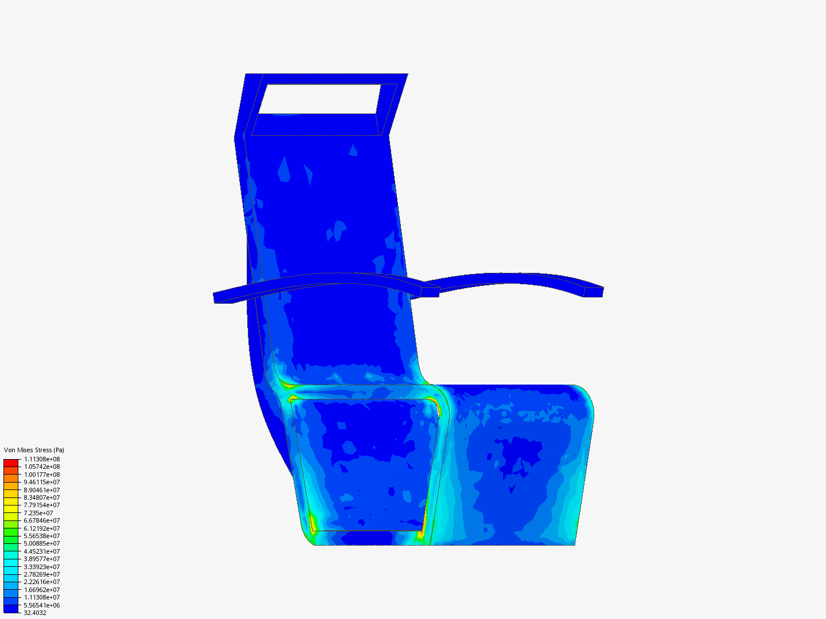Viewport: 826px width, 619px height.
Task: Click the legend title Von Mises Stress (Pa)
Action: click(34, 450)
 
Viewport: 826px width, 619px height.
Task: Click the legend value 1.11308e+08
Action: click(42, 459)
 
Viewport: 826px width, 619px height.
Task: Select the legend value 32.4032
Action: click(35, 613)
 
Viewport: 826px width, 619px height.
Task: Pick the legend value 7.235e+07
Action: click(38, 513)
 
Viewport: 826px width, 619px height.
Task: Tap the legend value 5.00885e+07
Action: click(42, 543)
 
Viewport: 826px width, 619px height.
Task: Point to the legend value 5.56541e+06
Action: click(42, 605)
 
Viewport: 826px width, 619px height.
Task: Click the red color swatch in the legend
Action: click(11, 463)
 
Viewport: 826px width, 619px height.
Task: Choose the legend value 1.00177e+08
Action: click(42, 475)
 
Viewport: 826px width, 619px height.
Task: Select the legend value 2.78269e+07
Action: click(42, 574)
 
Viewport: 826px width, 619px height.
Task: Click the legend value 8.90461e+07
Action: click(42, 490)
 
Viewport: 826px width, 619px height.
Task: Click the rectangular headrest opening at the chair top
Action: click(323, 99)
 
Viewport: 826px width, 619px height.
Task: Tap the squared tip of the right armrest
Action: click(594, 292)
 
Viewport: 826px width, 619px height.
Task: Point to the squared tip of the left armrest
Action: click(223, 298)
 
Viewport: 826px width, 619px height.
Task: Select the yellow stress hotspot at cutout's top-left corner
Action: click(293, 399)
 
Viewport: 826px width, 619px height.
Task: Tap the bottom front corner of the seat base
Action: click(574, 543)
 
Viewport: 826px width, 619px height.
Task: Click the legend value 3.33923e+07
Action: click(42, 566)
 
